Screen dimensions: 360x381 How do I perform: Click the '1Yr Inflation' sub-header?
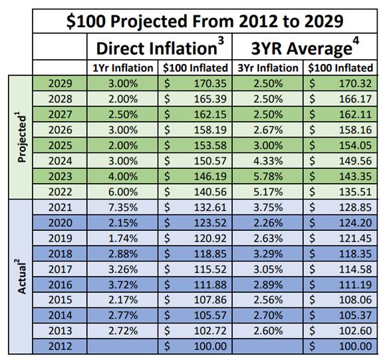[x=122, y=68]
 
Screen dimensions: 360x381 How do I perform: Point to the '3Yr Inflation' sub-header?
[x=268, y=68]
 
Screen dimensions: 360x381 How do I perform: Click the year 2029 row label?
[x=61, y=85]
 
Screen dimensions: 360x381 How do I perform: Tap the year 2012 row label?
[x=61, y=346]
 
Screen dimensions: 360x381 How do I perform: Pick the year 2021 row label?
[x=61, y=208]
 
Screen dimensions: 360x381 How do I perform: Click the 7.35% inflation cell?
[x=123, y=208]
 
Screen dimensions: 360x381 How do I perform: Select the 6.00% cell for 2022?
[x=123, y=192]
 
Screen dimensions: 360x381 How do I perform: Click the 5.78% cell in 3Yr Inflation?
[x=267, y=177]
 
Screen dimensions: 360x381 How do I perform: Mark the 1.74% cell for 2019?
[x=123, y=238]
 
